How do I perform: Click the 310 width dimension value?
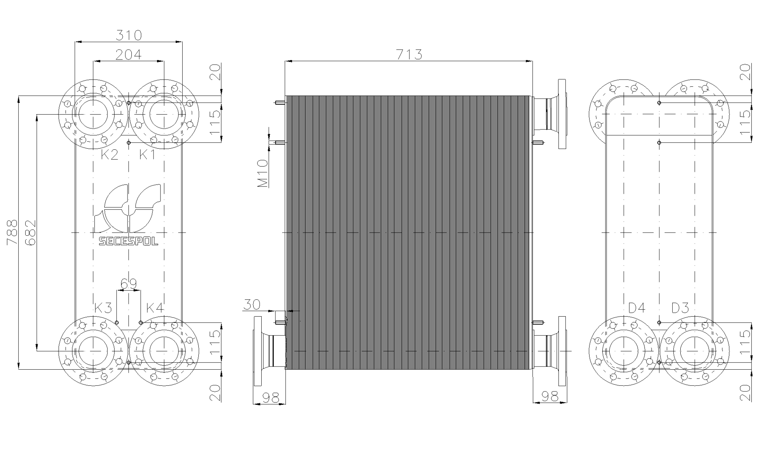pyautogui.click(x=129, y=35)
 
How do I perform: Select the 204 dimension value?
pyautogui.click(x=129, y=54)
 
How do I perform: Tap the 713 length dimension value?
pyautogui.click(x=409, y=54)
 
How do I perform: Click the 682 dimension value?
pyautogui.click(x=31, y=233)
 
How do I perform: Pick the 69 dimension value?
pyautogui.click(x=129, y=284)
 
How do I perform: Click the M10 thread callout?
pyautogui.click(x=263, y=173)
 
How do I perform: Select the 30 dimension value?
pyautogui.click(x=252, y=305)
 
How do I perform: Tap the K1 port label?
pyautogui.click(x=147, y=154)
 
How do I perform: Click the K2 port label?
pyautogui.click(x=110, y=154)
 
